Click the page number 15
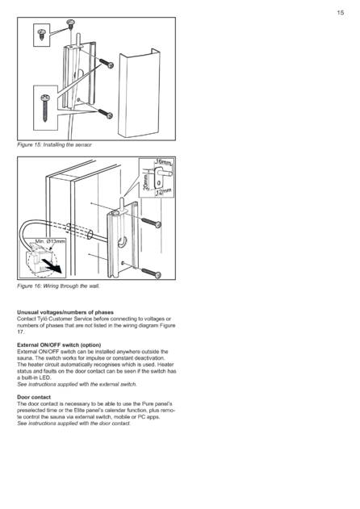[340, 13]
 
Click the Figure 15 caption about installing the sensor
[54, 144]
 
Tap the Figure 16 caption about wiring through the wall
[58, 286]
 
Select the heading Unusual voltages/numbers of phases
[65, 312]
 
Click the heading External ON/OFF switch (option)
[59, 345]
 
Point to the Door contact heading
[34, 397]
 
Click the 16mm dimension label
[164, 161]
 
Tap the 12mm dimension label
[163, 192]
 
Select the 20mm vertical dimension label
[146, 181]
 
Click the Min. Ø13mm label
[50, 241]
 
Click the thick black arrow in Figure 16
[52, 266]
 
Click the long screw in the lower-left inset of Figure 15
[45, 107]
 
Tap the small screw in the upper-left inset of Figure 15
[42, 34]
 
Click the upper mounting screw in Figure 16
[151, 223]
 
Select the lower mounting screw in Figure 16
[151, 273]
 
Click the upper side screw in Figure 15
[107, 63]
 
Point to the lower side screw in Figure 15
[106, 114]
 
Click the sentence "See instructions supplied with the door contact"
[73, 423]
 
